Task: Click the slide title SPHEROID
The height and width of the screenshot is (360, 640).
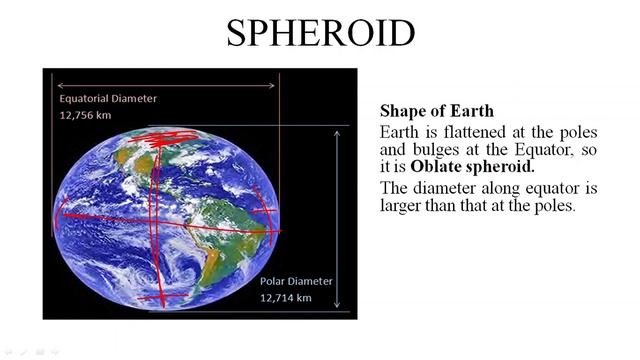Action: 320,33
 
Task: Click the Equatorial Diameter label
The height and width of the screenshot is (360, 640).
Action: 108,99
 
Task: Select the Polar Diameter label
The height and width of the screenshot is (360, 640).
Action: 296,281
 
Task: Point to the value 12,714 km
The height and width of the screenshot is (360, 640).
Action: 286,297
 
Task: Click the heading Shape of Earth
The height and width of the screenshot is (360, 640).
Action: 437,111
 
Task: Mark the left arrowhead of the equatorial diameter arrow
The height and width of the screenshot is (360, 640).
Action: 58,86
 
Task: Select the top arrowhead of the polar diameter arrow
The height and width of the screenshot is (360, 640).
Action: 338,129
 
